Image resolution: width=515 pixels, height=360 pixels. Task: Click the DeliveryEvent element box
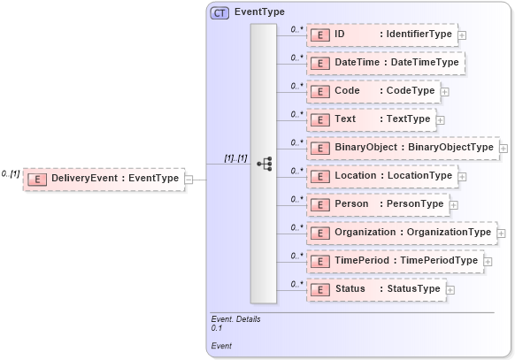pyautogui.click(x=103, y=179)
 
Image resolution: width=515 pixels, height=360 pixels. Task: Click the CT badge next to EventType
pyautogui.click(x=219, y=13)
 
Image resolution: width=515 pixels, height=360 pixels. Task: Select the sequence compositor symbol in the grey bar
pyautogui.click(x=264, y=164)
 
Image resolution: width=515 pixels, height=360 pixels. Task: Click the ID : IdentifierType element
pyautogui.click(x=381, y=34)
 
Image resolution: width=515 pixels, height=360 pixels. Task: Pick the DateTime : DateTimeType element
pyautogui.click(x=386, y=63)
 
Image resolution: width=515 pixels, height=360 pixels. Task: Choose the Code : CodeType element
pyautogui.click(x=373, y=91)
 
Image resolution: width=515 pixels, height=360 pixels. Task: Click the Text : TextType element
pyautogui.click(x=371, y=119)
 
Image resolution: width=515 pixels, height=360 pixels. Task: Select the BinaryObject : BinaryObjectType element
pyautogui.click(x=403, y=148)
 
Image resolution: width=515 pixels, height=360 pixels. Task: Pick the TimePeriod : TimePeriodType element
pyautogui.click(x=395, y=261)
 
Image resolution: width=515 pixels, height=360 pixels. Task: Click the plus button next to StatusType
pyautogui.click(x=450, y=290)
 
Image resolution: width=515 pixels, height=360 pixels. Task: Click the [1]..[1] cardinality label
pyautogui.click(x=235, y=158)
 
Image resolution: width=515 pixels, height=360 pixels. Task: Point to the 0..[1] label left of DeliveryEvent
pyautogui.click(x=11, y=173)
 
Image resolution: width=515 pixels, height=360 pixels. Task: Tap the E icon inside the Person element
pyautogui.click(x=320, y=204)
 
